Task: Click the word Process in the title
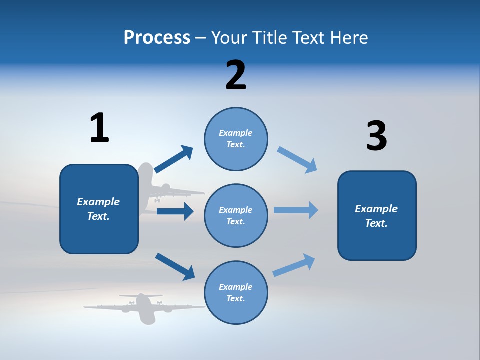[157, 38]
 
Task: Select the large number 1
[99, 128]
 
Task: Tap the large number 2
[236, 75]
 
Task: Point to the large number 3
[376, 136]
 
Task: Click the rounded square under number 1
[99, 209]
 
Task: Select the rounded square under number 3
[377, 216]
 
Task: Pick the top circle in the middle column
[236, 139]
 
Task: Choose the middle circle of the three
[236, 215]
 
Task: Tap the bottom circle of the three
[236, 292]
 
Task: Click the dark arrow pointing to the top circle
[174, 159]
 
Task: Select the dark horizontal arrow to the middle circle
[175, 211]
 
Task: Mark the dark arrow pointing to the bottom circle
[175, 266]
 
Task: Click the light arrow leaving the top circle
[297, 160]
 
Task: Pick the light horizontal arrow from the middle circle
[296, 210]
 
